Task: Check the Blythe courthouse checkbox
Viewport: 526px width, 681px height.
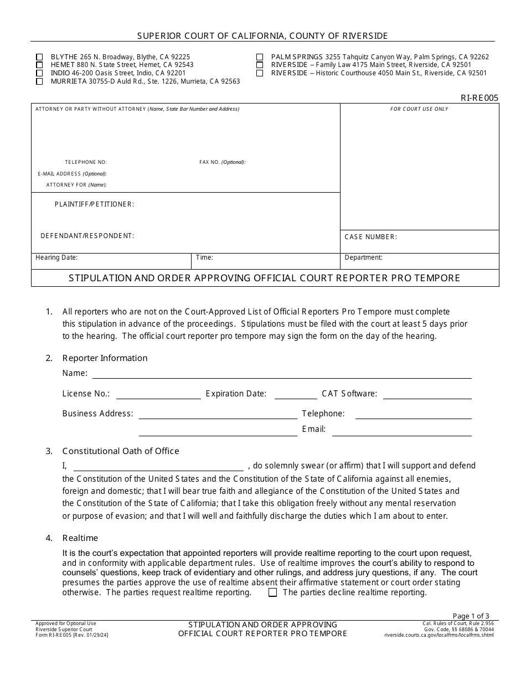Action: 39,57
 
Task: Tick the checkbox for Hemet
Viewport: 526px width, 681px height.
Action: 39,65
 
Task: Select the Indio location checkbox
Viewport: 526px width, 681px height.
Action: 39,73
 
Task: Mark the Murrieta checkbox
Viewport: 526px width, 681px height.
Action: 39,81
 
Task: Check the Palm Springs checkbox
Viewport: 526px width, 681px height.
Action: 260,57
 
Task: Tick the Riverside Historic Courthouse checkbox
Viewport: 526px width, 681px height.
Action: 260,73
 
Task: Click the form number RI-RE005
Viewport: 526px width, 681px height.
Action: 479,98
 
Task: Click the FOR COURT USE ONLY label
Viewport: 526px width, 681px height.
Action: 419,109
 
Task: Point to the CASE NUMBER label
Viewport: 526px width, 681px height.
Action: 370,237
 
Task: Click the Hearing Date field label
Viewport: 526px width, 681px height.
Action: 56,257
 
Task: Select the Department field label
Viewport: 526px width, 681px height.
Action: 363,257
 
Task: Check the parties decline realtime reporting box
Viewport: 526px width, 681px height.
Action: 272,592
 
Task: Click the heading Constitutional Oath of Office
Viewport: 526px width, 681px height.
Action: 121,451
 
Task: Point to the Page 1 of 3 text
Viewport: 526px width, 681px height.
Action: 471,616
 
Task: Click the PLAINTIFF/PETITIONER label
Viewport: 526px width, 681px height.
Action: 94,204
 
